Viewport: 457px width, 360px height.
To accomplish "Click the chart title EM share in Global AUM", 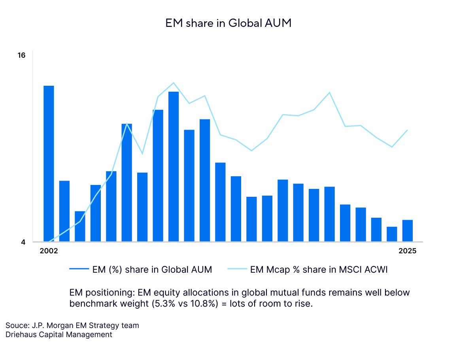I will point(228,23).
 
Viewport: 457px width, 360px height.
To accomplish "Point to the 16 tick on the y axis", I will point(21,55).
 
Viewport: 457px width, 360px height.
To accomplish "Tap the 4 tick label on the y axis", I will point(23,242).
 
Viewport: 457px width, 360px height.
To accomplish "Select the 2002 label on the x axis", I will point(49,251).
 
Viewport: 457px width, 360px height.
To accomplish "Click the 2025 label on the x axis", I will point(408,251).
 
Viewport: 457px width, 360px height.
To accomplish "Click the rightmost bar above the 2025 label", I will point(408,231).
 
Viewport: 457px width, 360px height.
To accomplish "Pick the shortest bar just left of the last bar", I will point(392,234).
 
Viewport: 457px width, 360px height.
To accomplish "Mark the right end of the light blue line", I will point(408,130).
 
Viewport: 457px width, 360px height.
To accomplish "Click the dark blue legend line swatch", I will point(79,270).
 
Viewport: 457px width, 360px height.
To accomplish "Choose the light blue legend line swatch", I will point(237,270).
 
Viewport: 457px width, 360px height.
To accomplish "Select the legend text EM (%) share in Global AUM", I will point(152,270).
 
